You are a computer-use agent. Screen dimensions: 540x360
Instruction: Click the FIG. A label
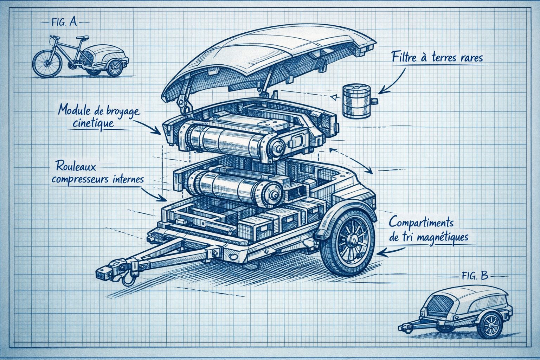click(x=64, y=22)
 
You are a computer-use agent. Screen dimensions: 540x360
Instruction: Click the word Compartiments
click(x=421, y=222)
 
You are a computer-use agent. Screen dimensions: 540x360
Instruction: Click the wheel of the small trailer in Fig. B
click(x=490, y=325)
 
